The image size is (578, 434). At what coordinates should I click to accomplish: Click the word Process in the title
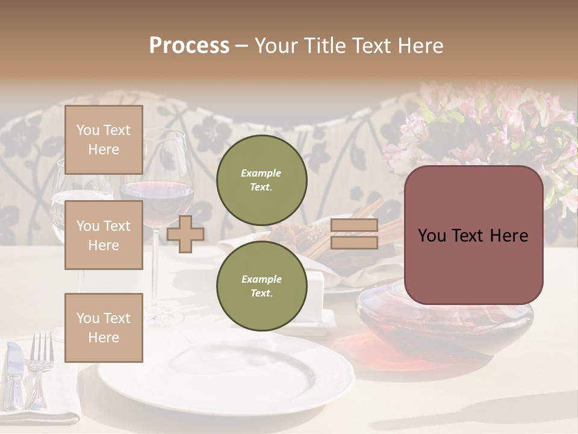coord(189,46)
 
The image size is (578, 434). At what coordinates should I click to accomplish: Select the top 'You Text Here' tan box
coord(104,140)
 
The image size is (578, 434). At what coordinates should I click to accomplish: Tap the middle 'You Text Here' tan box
coord(104,235)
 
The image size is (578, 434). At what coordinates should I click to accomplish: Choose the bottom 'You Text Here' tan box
coord(104,328)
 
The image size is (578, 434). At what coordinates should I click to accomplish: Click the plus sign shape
coord(185,234)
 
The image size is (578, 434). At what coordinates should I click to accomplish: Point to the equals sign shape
coord(354,234)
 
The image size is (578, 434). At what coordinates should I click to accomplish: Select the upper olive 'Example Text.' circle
coord(261,180)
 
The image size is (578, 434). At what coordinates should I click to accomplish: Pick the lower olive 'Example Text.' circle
coord(261,286)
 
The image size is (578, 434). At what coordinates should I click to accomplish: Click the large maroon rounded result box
coord(473,235)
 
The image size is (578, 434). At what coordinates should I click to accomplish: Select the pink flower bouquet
coord(482,127)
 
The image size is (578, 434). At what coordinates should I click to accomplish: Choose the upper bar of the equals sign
coord(354,225)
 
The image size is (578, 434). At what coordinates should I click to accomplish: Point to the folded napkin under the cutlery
coord(36,416)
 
